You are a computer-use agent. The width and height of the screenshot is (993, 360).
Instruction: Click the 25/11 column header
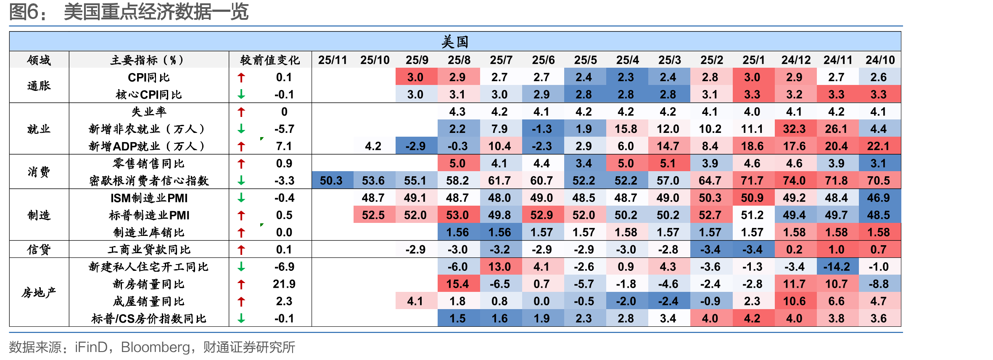(333, 60)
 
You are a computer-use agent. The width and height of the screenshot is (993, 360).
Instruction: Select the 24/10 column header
(880, 60)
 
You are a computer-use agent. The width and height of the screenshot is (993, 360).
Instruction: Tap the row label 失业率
(149, 112)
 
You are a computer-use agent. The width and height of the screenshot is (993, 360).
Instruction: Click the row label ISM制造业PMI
(149, 198)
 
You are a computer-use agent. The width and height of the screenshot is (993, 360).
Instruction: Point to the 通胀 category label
(39, 86)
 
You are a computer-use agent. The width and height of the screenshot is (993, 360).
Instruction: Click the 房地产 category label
(39, 293)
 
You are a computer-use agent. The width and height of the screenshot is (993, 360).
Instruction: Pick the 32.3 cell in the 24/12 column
(794, 129)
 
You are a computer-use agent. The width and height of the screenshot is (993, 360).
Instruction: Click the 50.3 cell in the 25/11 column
(331, 181)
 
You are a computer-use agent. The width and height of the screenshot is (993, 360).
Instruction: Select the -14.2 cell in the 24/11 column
(836, 267)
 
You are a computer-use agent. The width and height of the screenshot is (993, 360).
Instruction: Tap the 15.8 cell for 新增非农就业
(626, 129)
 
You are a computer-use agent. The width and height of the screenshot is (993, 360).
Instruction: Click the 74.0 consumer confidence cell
(794, 181)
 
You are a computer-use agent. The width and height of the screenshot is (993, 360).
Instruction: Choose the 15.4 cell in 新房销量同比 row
(457, 284)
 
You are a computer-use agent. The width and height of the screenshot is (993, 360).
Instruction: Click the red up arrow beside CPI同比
(241, 77)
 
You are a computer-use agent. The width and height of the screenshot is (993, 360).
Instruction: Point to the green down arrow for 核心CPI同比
(241, 95)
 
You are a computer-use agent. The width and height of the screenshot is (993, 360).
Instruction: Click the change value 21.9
(284, 284)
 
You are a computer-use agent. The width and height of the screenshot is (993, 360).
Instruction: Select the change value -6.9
(284, 267)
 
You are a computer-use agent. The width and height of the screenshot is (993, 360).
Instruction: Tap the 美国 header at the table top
(455, 42)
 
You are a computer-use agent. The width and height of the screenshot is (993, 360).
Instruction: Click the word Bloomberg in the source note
(155, 347)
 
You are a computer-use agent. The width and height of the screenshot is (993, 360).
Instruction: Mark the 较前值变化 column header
(270, 60)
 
